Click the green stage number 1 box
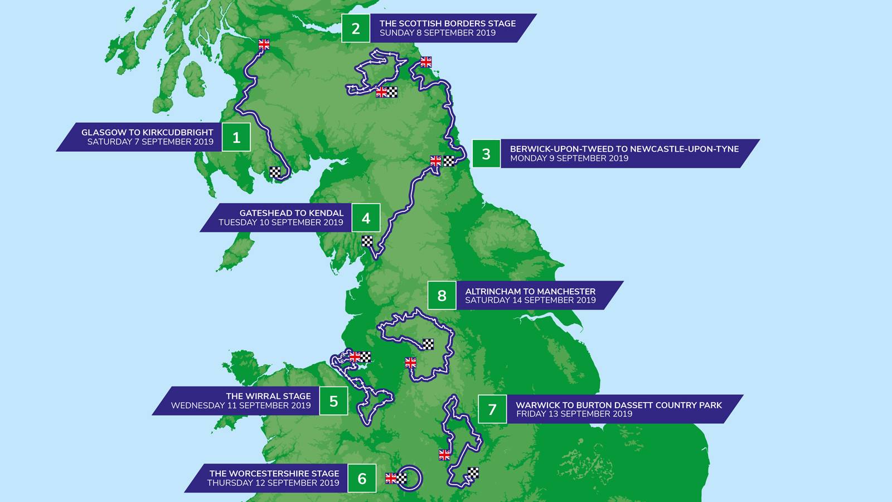tap(236, 137)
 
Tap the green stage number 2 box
tap(356, 28)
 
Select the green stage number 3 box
tap(486, 153)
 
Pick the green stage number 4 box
tap(366, 218)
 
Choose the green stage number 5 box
tap(333, 400)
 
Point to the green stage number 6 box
tap(362, 478)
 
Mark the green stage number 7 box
tap(492, 409)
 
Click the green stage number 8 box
tap(442, 295)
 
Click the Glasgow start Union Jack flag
tap(264, 45)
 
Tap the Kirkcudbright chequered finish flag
tap(275, 172)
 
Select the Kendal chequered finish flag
tap(367, 241)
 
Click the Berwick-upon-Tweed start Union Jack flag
tap(426, 62)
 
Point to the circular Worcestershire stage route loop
tap(411, 477)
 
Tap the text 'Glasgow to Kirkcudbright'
tap(147, 132)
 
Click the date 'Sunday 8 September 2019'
tap(437, 33)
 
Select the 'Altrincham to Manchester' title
tap(530, 291)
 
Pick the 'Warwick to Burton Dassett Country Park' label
tap(618, 405)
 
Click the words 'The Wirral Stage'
tap(268, 396)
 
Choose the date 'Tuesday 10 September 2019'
tap(280, 223)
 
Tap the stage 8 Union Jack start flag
tap(410, 363)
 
